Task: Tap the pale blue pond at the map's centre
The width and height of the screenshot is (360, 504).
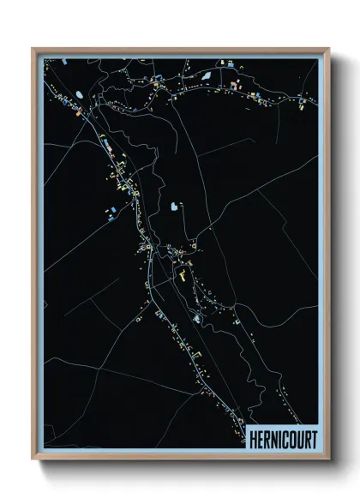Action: [176, 207]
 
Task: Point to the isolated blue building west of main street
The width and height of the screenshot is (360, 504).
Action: [110, 209]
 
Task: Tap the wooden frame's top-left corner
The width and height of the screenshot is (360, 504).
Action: [33, 49]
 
